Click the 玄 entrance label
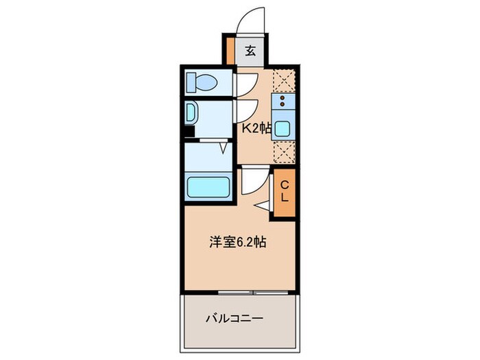(x=250, y=51)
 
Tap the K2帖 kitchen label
(x=255, y=128)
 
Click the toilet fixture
(x=203, y=83)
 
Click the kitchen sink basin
(x=283, y=128)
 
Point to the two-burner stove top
(x=283, y=102)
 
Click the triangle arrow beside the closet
(x=263, y=206)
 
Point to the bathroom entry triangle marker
(x=223, y=147)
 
